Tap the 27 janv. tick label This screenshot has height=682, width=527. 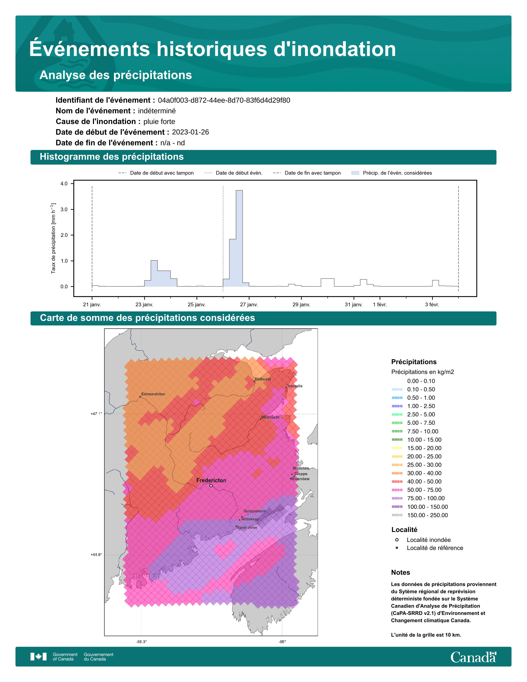click(x=249, y=304)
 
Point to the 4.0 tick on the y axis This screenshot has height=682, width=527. click(x=64, y=184)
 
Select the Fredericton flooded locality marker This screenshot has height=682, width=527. click(x=211, y=486)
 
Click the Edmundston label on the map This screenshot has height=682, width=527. click(x=153, y=394)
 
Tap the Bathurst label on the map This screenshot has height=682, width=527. click(x=263, y=379)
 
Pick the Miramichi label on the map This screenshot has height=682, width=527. click(x=270, y=417)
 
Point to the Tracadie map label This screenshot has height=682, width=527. click(x=295, y=386)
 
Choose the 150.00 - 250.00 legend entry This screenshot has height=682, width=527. click(x=427, y=515)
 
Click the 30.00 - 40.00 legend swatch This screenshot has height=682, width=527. click(x=397, y=473)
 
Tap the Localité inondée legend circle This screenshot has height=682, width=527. click(x=397, y=540)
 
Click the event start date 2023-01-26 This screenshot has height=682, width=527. click(x=191, y=132)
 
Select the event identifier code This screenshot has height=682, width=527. click(x=224, y=100)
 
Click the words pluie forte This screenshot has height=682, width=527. click(x=159, y=122)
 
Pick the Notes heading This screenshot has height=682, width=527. click(x=400, y=572)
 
